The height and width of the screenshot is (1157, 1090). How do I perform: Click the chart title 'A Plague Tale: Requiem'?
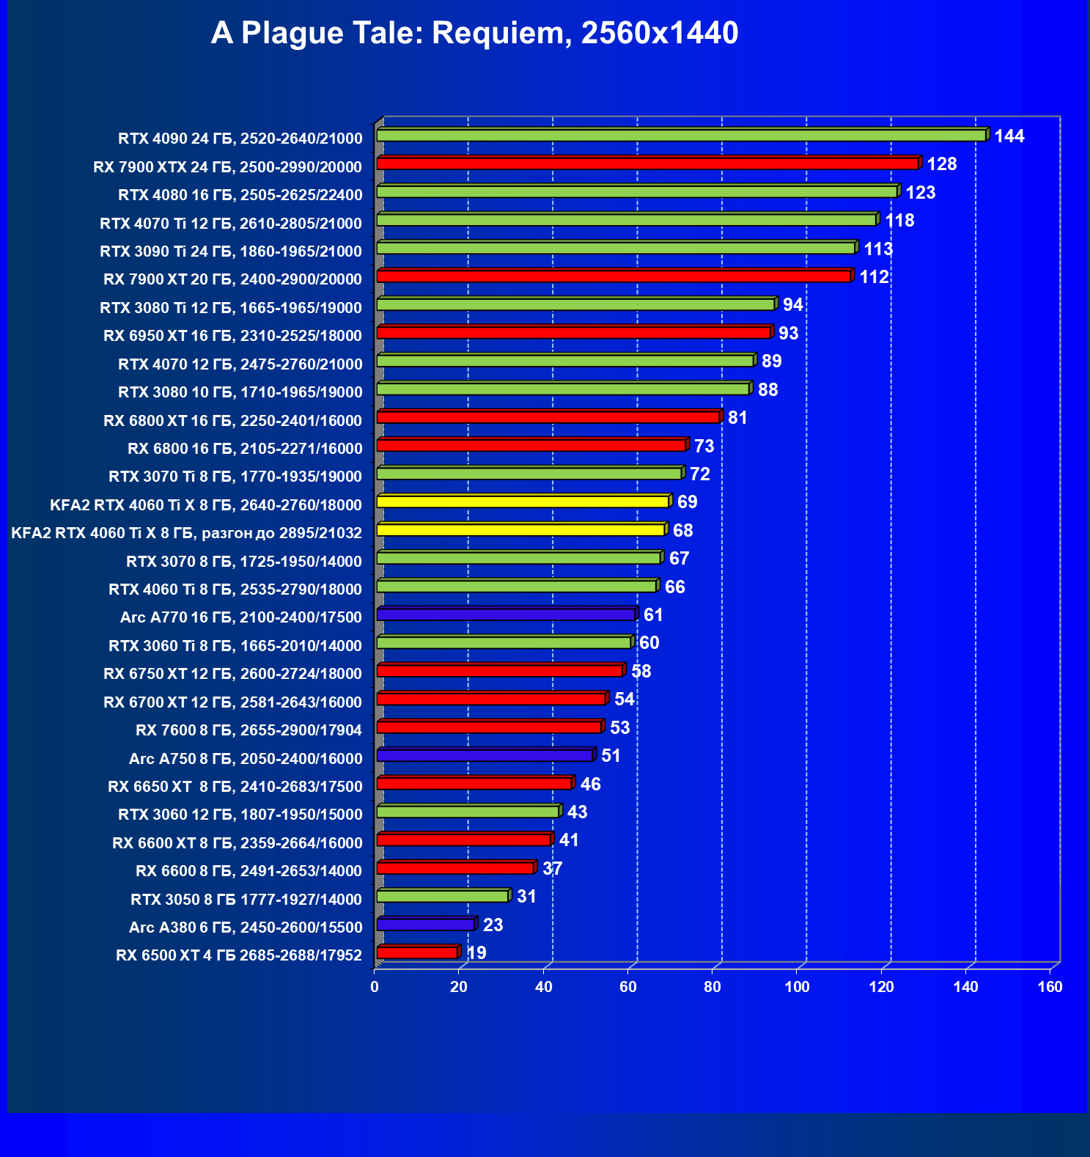[x=474, y=33]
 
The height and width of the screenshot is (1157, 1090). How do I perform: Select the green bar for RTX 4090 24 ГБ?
[x=682, y=136]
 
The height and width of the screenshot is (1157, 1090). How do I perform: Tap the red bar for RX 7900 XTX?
[x=648, y=164]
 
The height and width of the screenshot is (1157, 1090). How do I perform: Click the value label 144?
[x=1009, y=136]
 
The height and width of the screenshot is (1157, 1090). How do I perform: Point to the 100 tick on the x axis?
[x=797, y=987]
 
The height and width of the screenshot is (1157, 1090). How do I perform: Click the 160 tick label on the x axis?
[x=1050, y=987]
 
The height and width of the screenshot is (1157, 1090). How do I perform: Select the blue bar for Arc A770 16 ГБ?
[x=506, y=614]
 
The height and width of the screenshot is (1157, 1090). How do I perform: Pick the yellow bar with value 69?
[x=523, y=502]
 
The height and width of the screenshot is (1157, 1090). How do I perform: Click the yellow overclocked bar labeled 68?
[x=520, y=530]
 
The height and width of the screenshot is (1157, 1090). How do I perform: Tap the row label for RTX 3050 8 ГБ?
[x=246, y=899]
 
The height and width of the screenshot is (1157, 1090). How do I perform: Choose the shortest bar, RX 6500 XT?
[x=417, y=952]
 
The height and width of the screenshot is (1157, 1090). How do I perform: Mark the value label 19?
[x=476, y=953]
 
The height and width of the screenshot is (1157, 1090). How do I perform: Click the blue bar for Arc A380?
[x=425, y=925]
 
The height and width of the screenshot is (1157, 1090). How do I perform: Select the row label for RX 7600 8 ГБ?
[x=249, y=730]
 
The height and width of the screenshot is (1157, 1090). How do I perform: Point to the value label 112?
[x=874, y=277]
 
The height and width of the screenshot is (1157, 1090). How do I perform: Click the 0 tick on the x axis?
[x=375, y=987]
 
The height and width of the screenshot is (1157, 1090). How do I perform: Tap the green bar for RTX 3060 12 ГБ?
[x=468, y=812]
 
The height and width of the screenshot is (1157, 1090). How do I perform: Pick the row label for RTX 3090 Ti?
[x=231, y=251]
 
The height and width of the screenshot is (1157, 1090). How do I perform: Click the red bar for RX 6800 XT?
[x=548, y=417]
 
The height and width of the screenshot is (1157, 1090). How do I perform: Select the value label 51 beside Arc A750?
[x=611, y=756]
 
